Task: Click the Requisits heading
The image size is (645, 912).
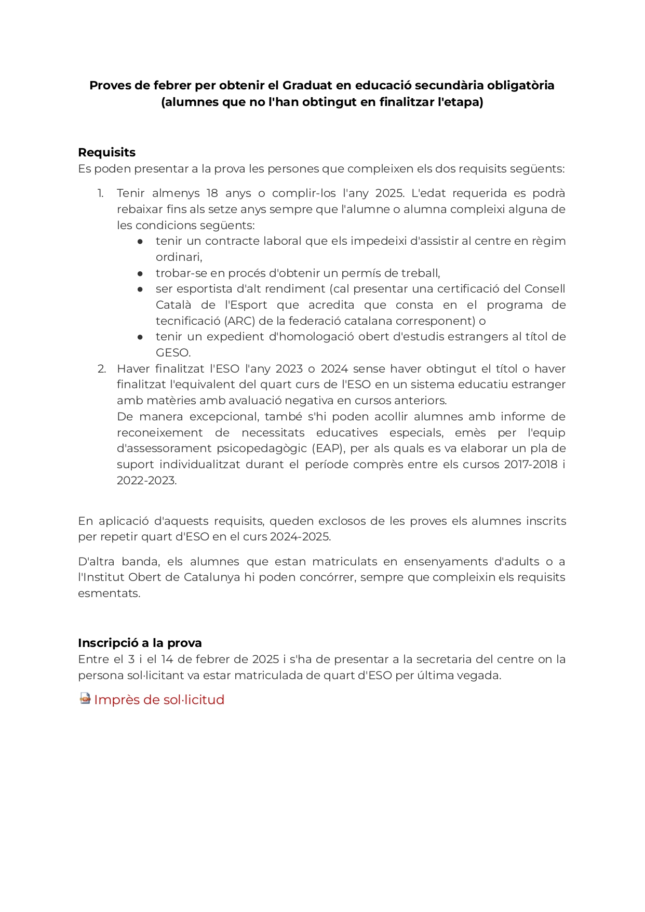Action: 106,152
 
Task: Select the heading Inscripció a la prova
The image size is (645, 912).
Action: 140,643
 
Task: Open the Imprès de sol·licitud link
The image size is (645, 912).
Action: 159,699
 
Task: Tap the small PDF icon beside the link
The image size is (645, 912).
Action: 85,698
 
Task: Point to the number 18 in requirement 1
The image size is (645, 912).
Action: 212,193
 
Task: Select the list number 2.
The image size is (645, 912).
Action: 102,369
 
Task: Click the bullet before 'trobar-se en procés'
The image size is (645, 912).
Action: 140,273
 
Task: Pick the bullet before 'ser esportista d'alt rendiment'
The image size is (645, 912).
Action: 140,289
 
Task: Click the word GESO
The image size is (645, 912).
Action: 173,353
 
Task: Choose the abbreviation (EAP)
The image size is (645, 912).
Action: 328,448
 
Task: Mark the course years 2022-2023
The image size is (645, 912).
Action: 146,481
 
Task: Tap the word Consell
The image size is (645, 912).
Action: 545,289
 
